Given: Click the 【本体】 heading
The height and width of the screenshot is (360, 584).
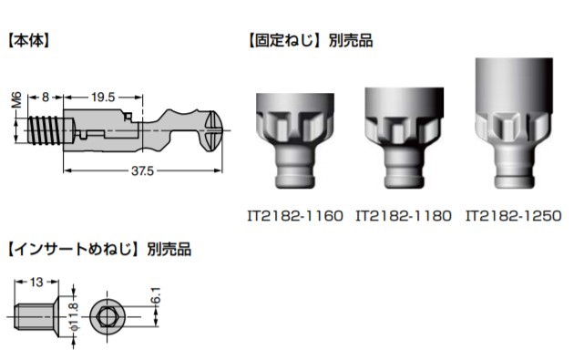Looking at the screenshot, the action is point(28,40).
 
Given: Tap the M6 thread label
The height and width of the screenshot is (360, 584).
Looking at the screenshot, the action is point(16,100).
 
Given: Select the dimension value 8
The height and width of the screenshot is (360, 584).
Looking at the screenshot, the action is point(45,98).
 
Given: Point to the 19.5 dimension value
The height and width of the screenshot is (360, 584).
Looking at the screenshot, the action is point(103,98).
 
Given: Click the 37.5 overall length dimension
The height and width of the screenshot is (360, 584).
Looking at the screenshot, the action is point(142,171).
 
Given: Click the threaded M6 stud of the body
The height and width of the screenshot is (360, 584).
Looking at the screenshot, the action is point(45,130).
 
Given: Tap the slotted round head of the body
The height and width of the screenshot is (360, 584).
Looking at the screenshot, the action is point(214,131).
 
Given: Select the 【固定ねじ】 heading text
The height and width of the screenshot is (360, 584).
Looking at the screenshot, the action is point(284,40).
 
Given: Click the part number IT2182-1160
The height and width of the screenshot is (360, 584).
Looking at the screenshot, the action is point(294,216).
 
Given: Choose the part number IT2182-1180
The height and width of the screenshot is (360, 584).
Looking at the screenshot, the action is point(404,216).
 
